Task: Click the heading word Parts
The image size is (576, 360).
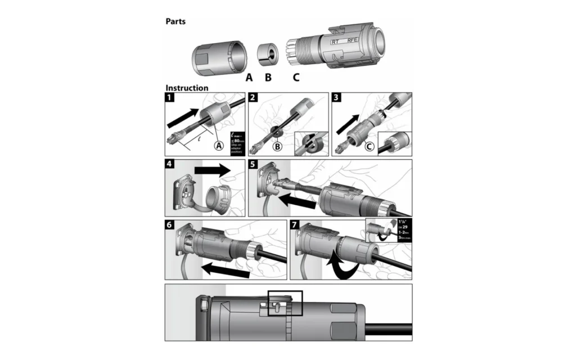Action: click(175, 22)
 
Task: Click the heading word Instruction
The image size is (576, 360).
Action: click(187, 88)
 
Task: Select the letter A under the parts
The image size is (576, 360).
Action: click(249, 77)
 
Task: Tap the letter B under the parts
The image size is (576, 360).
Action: click(268, 77)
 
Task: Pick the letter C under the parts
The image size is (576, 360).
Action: click(296, 77)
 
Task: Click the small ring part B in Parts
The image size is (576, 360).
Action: click(268, 57)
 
